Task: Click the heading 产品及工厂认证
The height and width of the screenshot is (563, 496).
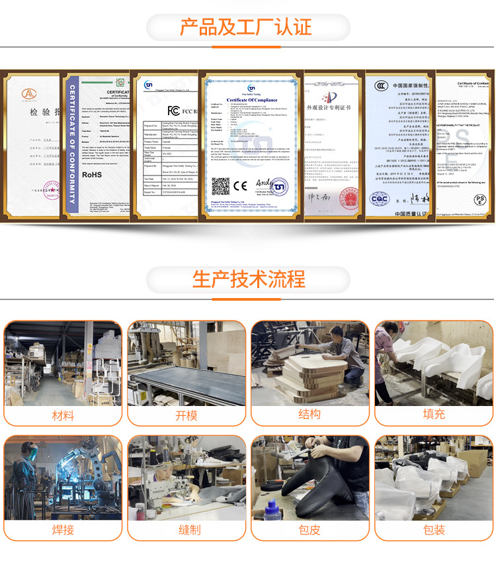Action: point(246,28)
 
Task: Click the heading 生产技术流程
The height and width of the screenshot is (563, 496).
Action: point(249,279)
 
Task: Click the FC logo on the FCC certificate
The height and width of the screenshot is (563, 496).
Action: point(174,110)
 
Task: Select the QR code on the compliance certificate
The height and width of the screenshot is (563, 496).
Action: point(221,187)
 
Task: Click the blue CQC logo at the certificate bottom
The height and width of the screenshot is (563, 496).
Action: point(380,198)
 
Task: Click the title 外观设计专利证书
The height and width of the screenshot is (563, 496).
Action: point(334,107)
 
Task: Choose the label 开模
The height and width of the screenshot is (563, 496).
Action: point(186,415)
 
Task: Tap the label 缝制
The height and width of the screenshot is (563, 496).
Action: point(186,530)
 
